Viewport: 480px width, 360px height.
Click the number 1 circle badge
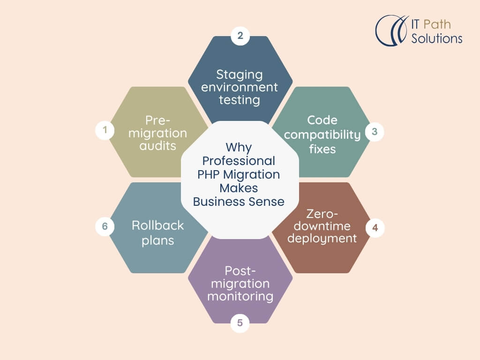[105, 131]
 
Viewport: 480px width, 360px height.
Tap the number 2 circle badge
[240, 36]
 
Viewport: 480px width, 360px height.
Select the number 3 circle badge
[375, 132]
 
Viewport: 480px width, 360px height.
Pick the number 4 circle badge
[375, 228]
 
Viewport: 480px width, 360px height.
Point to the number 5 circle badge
[240, 322]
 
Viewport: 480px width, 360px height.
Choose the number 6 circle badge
[105, 226]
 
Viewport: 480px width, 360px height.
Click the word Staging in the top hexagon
[240, 75]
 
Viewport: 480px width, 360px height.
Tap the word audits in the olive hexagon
[157, 145]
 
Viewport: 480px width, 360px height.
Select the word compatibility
[322, 135]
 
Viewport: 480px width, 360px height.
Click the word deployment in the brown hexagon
[322, 239]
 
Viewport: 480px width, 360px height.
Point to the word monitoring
[240, 296]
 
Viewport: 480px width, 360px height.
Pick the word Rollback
[157, 225]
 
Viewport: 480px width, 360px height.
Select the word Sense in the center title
[268, 202]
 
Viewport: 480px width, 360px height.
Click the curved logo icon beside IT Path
[390, 30]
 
